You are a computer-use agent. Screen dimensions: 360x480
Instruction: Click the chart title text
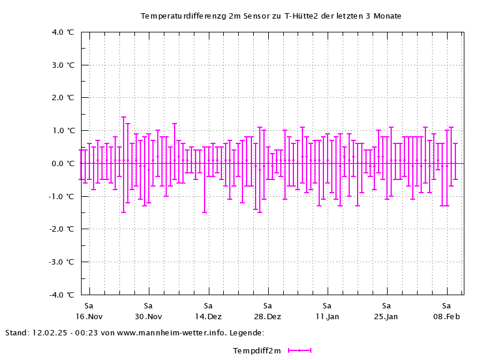271,16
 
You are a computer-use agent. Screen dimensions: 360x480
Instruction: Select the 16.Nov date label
89,317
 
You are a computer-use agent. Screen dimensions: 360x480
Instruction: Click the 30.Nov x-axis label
148,317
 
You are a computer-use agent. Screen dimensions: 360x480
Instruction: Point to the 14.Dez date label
208,317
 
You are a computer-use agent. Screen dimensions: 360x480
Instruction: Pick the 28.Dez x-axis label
268,317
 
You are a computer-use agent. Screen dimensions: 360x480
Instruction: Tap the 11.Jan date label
327,317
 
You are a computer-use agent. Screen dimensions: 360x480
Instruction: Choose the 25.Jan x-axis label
386,317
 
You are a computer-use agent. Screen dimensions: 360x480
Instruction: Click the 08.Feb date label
446,317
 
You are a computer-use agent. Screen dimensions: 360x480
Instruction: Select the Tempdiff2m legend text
257,351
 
